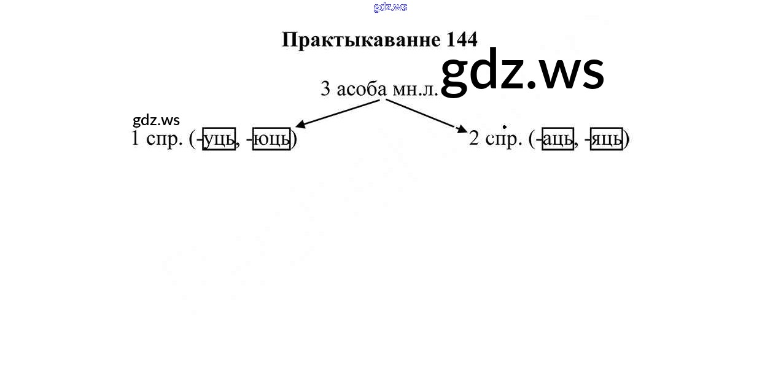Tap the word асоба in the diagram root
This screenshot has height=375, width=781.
click(x=362, y=89)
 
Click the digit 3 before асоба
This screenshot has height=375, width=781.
click(x=325, y=89)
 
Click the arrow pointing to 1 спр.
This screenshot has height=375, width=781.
click(x=338, y=114)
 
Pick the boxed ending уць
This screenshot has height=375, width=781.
click(x=219, y=139)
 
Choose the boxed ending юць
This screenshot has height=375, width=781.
click(x=271, y=139)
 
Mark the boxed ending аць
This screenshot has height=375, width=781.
click(x=558, y=139)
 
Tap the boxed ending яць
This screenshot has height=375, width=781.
click(x=607, y=139)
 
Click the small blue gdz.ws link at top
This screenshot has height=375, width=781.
click(x=390, y=7)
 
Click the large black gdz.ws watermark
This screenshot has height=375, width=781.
click(x=523, y=72)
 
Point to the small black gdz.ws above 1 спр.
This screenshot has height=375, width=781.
click(x=156, y=120)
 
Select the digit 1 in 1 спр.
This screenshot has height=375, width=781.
click(x=135, y=138)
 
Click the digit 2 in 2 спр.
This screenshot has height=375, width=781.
click(x=474, y=138)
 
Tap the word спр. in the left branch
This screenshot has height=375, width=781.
click(x=165, y=140)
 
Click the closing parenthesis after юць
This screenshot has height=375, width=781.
click(x=294, y=139)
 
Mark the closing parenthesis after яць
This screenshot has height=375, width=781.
click(x=627, y=139)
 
